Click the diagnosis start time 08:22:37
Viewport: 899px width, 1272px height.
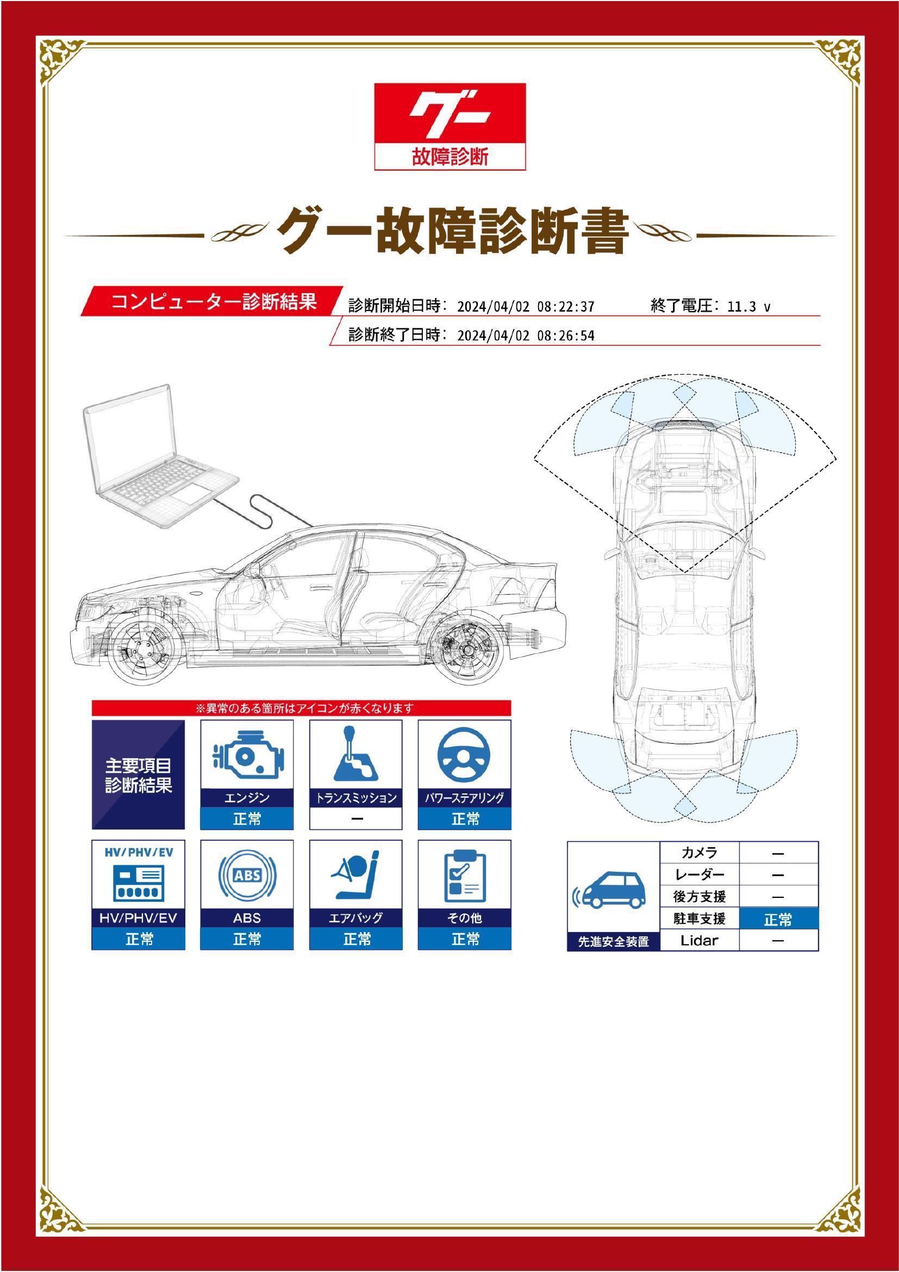[565, 307]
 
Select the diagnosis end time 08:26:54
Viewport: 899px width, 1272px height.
[565, 336]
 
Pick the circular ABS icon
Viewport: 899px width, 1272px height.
[247, 876]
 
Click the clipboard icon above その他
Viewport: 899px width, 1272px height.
[464, 876]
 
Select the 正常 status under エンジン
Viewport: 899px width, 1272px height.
[247, 819]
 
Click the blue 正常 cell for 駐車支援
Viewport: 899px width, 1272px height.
[778, 920]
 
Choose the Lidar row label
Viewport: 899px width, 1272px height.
[699, 940]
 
